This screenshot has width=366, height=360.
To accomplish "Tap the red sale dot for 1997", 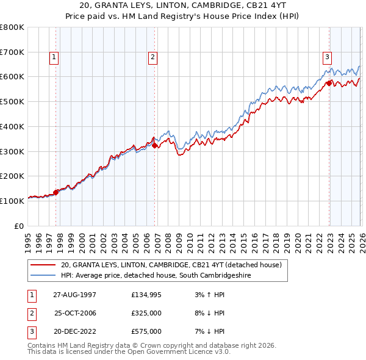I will coord(56,192).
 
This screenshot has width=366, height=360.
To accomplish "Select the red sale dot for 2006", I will coord(155,145).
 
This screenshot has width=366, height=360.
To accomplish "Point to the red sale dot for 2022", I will coord(329,83).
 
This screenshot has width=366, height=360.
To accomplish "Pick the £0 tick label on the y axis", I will coord(20,226).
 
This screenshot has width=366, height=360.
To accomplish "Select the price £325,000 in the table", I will coord(146,313).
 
